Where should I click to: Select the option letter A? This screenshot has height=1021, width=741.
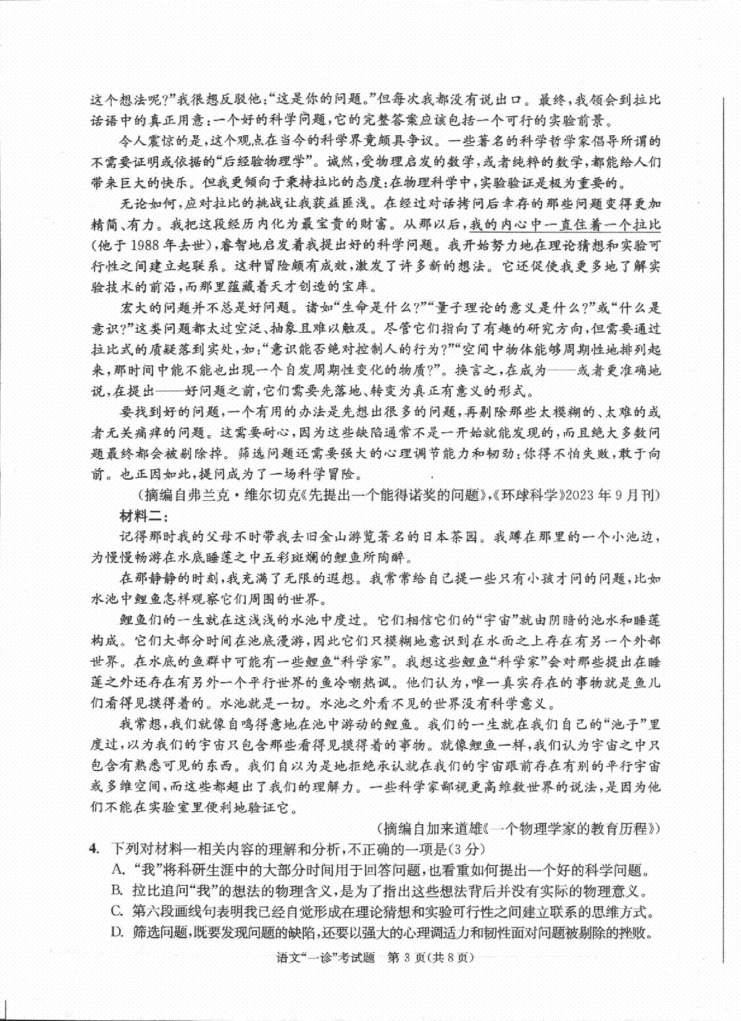[117, 870]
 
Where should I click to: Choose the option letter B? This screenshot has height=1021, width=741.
[117, 890]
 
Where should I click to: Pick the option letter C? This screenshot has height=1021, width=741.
[117, 911]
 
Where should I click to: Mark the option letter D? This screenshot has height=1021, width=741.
[117, 931]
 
